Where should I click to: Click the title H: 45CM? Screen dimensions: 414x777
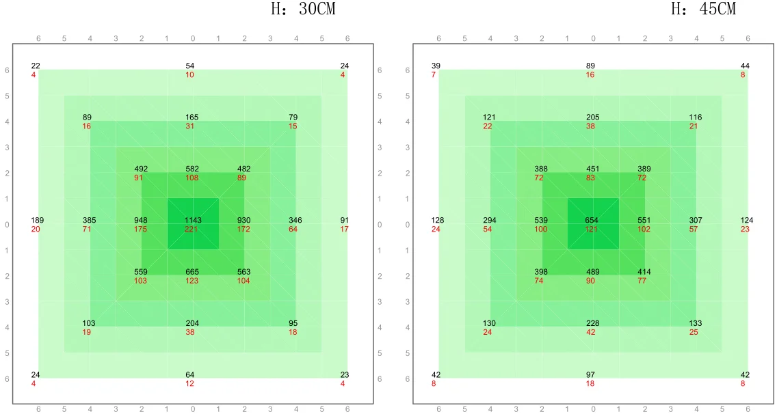pos(704,10)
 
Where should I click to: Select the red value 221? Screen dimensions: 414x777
pos(192,229)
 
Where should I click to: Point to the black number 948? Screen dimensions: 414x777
pos(141,221)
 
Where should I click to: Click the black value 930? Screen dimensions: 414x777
pos(243,221)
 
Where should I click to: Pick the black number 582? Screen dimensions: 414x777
pos(192,169)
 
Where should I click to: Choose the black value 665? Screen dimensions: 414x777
pos(192,272)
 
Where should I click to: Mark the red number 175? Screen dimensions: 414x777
pos(141,229)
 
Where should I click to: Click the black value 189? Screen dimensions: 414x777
pos(38,221)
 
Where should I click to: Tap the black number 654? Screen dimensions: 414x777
pos(592,221)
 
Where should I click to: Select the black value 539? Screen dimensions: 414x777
pos(541,221)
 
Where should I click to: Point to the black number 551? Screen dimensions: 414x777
pos(644,221)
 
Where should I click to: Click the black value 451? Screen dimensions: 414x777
pos(592,169)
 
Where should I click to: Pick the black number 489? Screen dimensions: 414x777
pos(592,272)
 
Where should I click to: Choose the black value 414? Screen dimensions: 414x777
pos(644,272)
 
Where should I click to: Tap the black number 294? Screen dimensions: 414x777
pos(490,221)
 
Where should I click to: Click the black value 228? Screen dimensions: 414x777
pos(592,323)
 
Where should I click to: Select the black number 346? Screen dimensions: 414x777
pos(295,221)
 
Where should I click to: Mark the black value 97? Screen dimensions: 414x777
pos(590,375)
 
